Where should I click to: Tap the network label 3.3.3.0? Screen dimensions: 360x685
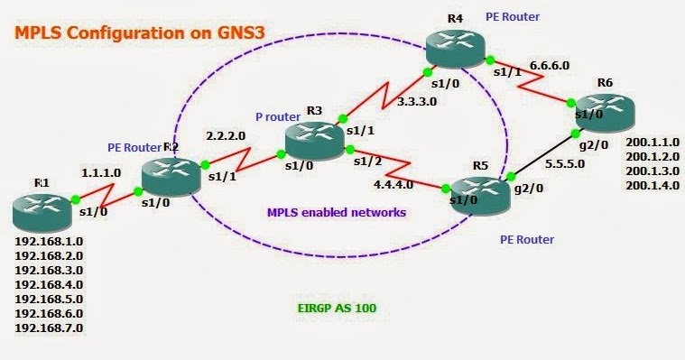[418, 104]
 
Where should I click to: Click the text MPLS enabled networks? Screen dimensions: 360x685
[336, 213]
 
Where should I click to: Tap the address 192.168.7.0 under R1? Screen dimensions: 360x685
[50, 328]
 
